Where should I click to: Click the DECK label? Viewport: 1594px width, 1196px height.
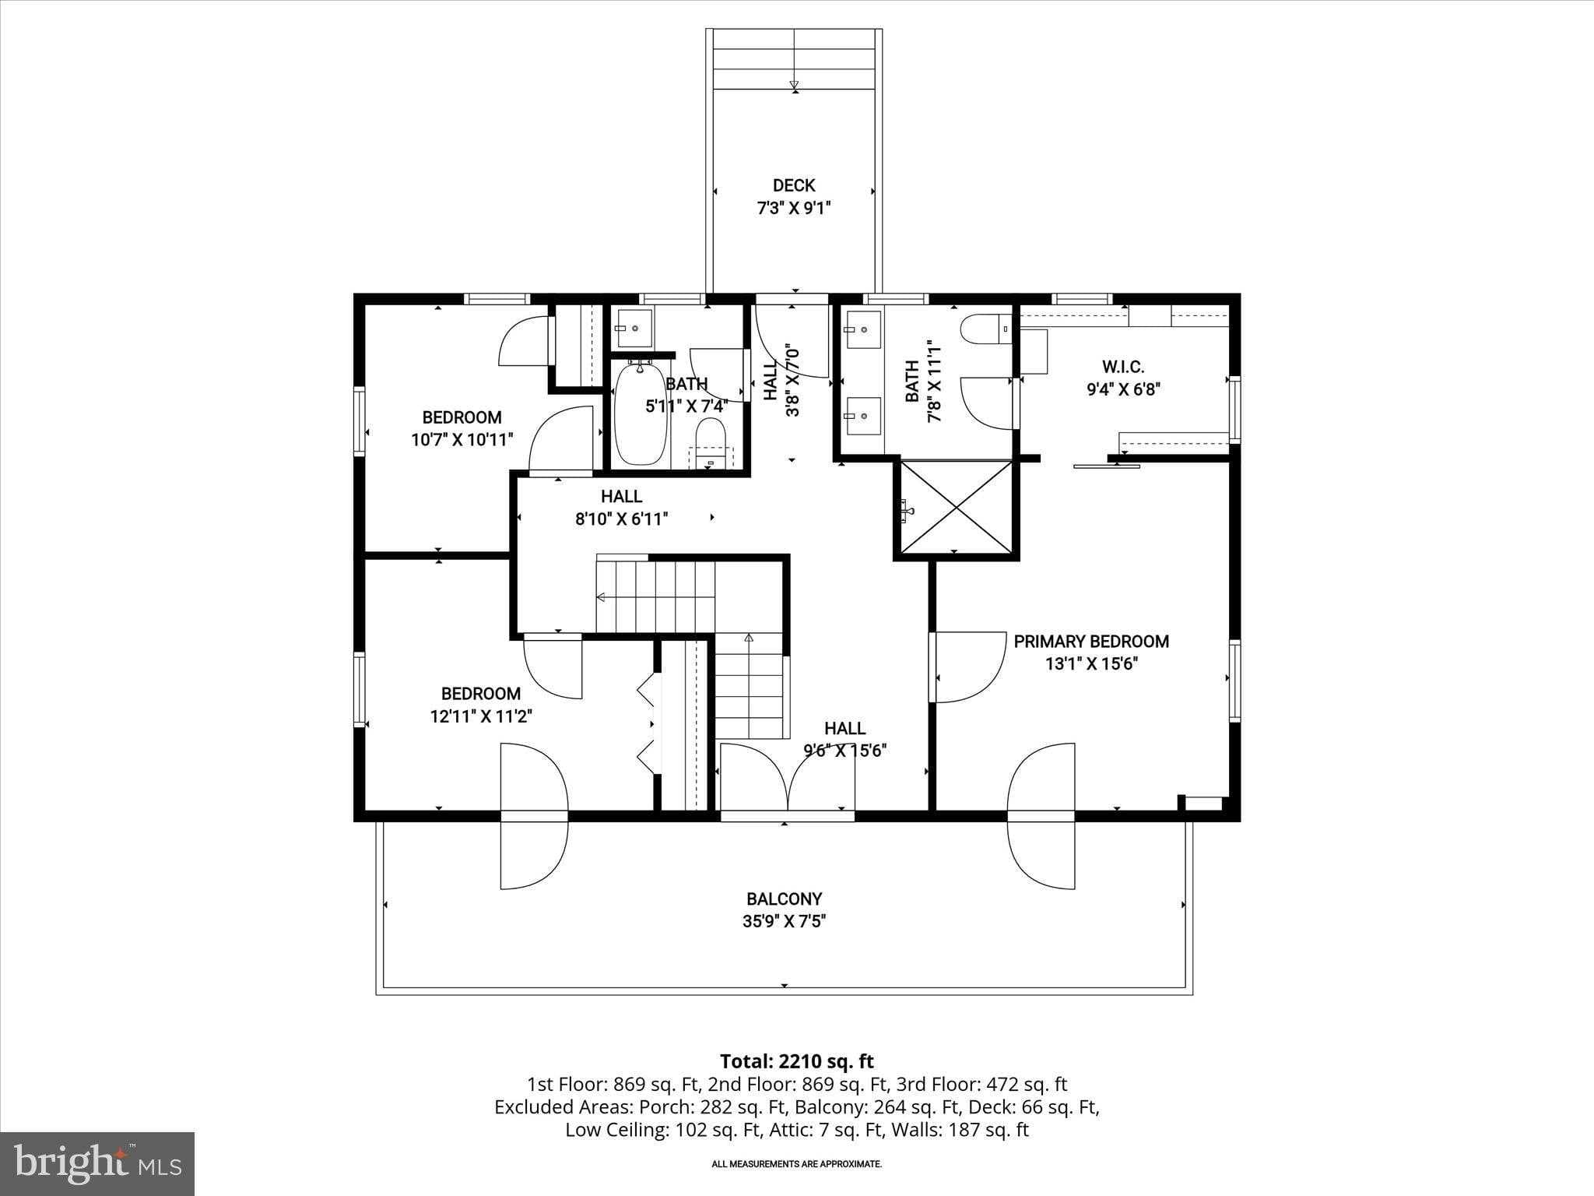[x=794, y=185]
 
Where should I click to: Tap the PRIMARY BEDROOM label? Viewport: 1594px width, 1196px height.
[x=1090, y=642]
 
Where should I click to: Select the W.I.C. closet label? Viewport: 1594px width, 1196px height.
[x=1123, y=367]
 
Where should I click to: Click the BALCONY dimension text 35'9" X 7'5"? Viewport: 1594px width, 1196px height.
[x=784, y=922]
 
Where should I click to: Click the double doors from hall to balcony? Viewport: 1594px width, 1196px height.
[x=787, y=778]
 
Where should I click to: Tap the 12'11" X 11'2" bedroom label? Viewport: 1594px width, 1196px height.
[x=481, y=716]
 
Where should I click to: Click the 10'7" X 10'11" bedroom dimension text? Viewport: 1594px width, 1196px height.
[x=462, y=440]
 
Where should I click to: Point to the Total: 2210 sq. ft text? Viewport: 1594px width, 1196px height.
[x=796, y=1061]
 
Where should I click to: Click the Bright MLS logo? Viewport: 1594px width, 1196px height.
[x=97, y=1163]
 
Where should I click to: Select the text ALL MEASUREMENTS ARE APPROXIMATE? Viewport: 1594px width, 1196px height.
[x=796, y=1164]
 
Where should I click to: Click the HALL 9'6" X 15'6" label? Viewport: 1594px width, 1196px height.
[x=844, y=729]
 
